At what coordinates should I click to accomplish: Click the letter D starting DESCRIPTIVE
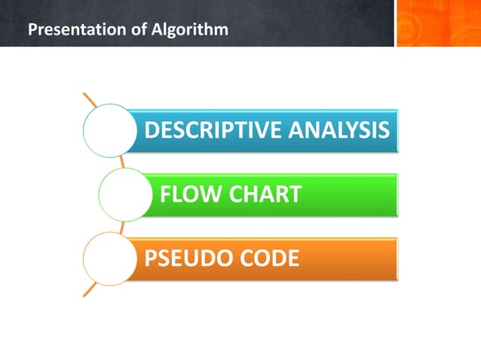click(x=151, y=130)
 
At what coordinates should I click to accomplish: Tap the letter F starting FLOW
click(x=165, y=195)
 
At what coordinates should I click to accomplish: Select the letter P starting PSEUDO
click(x=151, y=260)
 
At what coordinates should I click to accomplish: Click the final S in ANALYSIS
click(x=384, y=130)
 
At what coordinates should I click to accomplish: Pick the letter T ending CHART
click(x=296, y=195)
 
